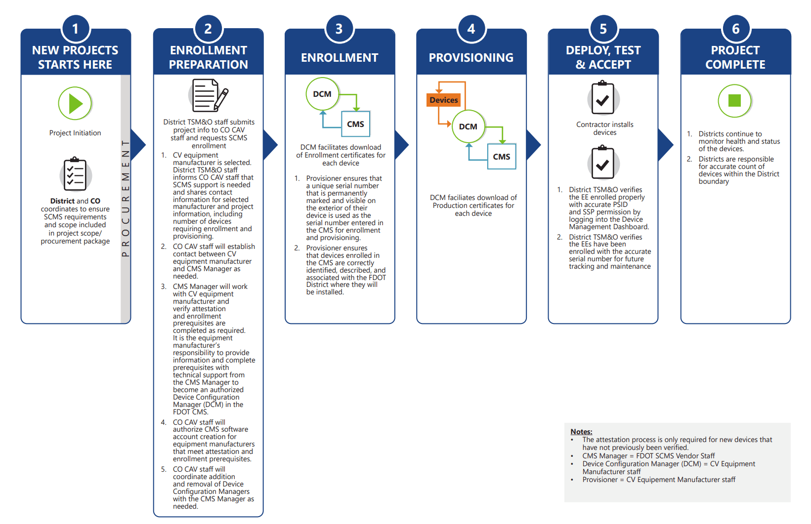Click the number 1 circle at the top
click(76, 29)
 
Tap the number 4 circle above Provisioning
click(471, 29)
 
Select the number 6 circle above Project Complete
click(735, 29)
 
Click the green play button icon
click(75, 104)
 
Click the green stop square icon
click(735, 101)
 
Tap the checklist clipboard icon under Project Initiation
click(75, 175)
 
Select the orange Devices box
click(444, 100)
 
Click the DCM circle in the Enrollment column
click(322, 94)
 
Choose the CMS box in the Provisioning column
click(502, 157)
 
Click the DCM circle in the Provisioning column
click(468, 126)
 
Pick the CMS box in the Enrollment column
click(355, 124)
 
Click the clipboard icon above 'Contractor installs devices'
click(602, 99)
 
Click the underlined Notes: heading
click(581, 432)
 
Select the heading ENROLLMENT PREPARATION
click(208, 57)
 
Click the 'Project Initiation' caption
click(75, 133)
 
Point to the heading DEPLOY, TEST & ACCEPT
click(603, 57)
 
